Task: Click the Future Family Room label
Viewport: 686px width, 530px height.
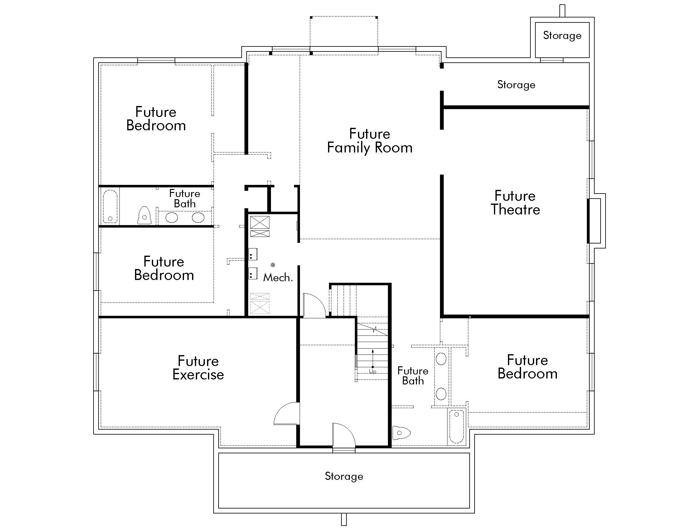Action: [x=370, y=141]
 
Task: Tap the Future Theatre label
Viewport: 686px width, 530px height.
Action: [x=515, y=203]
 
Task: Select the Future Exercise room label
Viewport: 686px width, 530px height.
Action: [x=198, y=368]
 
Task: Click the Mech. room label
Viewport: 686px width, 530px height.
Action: [x=278, y=277]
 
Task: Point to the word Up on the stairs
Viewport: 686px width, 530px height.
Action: [x=373, y=371]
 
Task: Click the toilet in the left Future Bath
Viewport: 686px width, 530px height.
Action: [x=144, y=216]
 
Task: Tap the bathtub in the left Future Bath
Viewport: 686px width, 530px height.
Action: [x=110, y=206]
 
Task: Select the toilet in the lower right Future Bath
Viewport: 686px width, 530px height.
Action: [x=401, y=433]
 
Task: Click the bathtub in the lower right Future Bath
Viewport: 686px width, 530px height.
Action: [x=457, y=427]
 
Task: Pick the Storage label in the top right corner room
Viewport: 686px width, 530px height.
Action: [x=562, y=36]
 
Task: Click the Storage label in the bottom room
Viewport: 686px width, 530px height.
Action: [x=344, y=476]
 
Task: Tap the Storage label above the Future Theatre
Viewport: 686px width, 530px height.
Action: [x=516, y=85]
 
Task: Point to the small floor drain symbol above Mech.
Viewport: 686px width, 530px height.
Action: [x=273, y=265]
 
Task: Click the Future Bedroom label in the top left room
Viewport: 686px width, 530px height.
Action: [x=156, y=119]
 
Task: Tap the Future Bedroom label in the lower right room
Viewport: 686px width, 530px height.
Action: [x=527, y=367]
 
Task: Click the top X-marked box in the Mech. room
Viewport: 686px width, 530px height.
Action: [x=260, y=222]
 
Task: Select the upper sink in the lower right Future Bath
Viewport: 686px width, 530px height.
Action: [x=441, y=359]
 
